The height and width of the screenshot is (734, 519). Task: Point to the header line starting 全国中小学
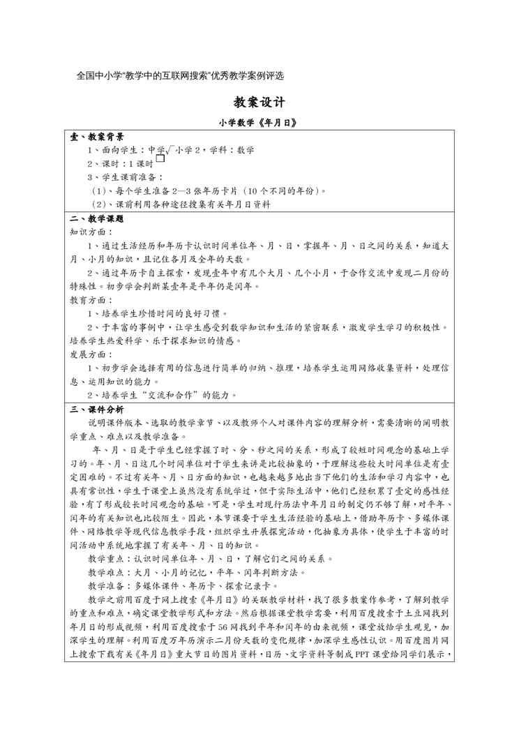[181, 75]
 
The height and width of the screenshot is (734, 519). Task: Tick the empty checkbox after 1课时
[160, 159]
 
